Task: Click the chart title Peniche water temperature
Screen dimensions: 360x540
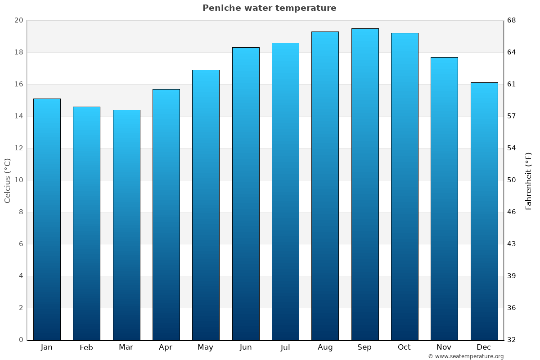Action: [x=269, y=8]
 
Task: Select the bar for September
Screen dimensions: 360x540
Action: [x=365, y=184]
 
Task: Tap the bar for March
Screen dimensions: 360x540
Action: [x=126, y=225]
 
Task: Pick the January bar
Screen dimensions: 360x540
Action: [x=47, y=219]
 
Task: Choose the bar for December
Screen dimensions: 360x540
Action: [x=484, y=211]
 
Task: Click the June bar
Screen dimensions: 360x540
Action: [x=246, y=193]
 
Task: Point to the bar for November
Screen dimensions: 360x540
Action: [x=444, y=198]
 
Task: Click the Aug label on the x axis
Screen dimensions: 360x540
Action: [x=325, y=347]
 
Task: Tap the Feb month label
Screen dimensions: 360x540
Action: [x=86, y=347]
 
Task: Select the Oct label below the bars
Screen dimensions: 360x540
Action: [x=404, y=347]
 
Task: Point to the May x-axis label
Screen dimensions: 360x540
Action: [x=206, y=347]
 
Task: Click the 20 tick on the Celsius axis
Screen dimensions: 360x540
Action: [x=18, y=20]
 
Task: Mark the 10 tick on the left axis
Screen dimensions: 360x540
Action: [x=18, y=180]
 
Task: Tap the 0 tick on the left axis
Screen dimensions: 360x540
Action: [x=21, y=340]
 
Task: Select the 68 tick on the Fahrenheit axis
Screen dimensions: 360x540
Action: [x=512, y=20]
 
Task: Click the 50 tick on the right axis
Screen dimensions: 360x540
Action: [x=512, y=180]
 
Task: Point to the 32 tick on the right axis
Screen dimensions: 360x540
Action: [x=512, y=340]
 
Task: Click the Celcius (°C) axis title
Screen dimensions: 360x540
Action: [x=7, y=180]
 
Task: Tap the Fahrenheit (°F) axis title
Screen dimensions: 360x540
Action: [x=528, y=180]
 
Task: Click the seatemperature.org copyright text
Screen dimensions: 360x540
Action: [x=465, y=356]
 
